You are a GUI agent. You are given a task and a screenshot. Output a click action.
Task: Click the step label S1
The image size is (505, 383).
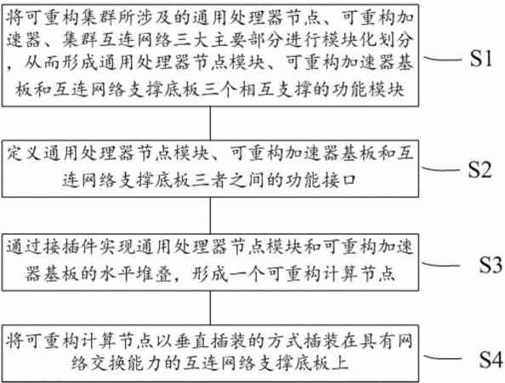click(x=481, y=59)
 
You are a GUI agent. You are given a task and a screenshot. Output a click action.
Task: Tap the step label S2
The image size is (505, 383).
click(x=479, y=169)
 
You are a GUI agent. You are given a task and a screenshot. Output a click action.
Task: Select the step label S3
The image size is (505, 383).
click(x=491, y=265)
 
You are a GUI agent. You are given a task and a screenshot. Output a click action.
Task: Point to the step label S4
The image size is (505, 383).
click(x=491, y=359)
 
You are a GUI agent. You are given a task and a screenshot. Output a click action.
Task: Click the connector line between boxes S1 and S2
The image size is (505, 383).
click(x=210, y=123)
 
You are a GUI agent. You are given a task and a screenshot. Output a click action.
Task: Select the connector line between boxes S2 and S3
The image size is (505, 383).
click(x=210, y=215)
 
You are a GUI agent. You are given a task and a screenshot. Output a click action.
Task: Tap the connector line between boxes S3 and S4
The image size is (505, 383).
click(x=210, y=308)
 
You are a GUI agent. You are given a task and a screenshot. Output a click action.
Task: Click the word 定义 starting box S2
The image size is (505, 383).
click(x=24, y=152)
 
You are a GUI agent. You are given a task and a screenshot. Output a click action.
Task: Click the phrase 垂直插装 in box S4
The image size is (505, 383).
click(x=229, y=341)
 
